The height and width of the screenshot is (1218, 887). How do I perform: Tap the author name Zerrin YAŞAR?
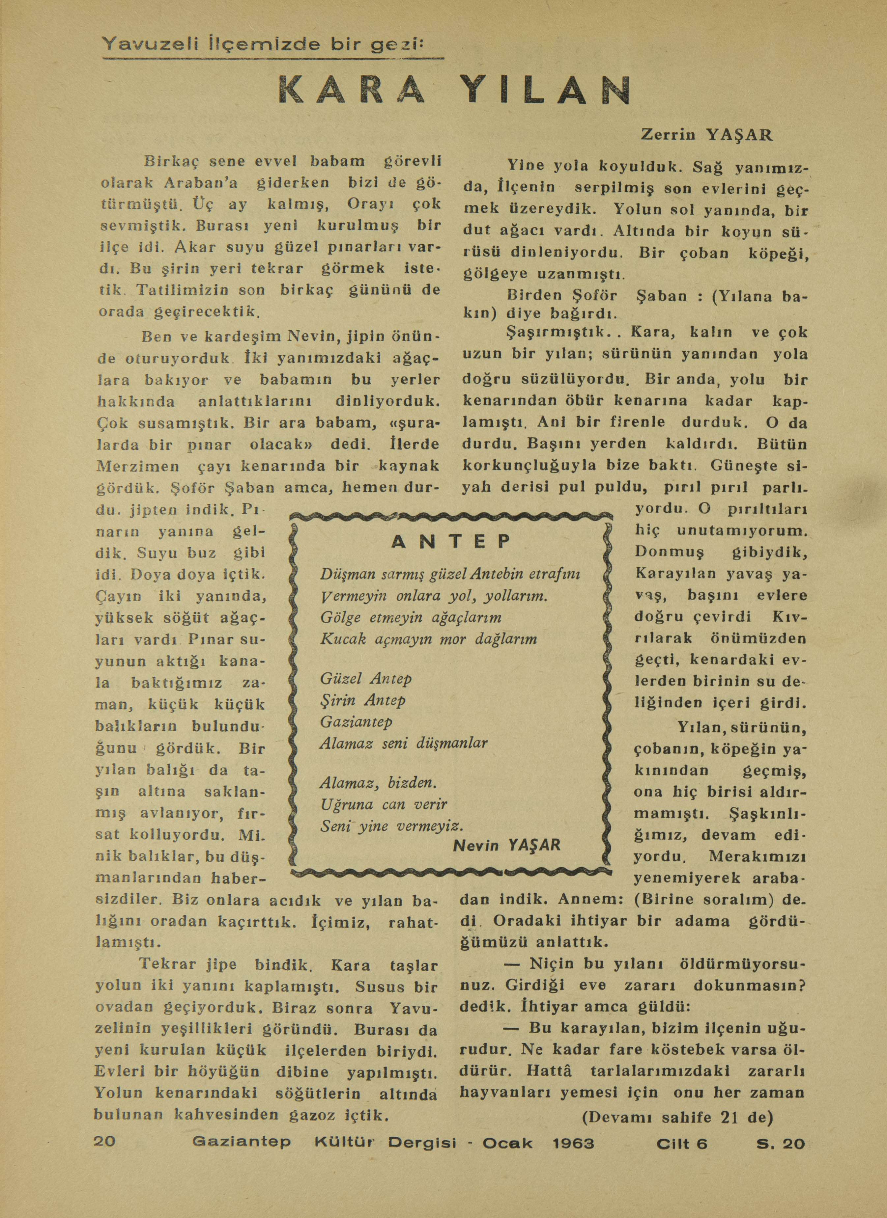pyautogui.click(x=707, y=135)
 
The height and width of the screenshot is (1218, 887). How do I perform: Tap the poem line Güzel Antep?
pyautogui.click(x=366, y=679)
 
